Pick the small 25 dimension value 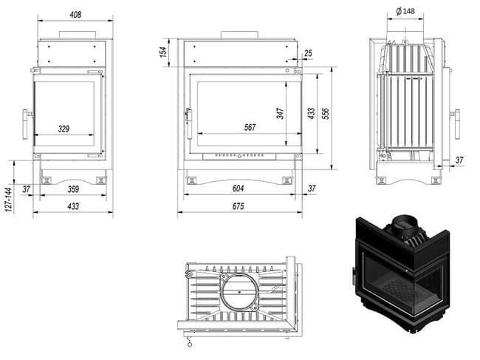(307, 52)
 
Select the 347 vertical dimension (280, 113)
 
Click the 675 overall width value (238, 207)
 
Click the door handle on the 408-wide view (29, 123)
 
